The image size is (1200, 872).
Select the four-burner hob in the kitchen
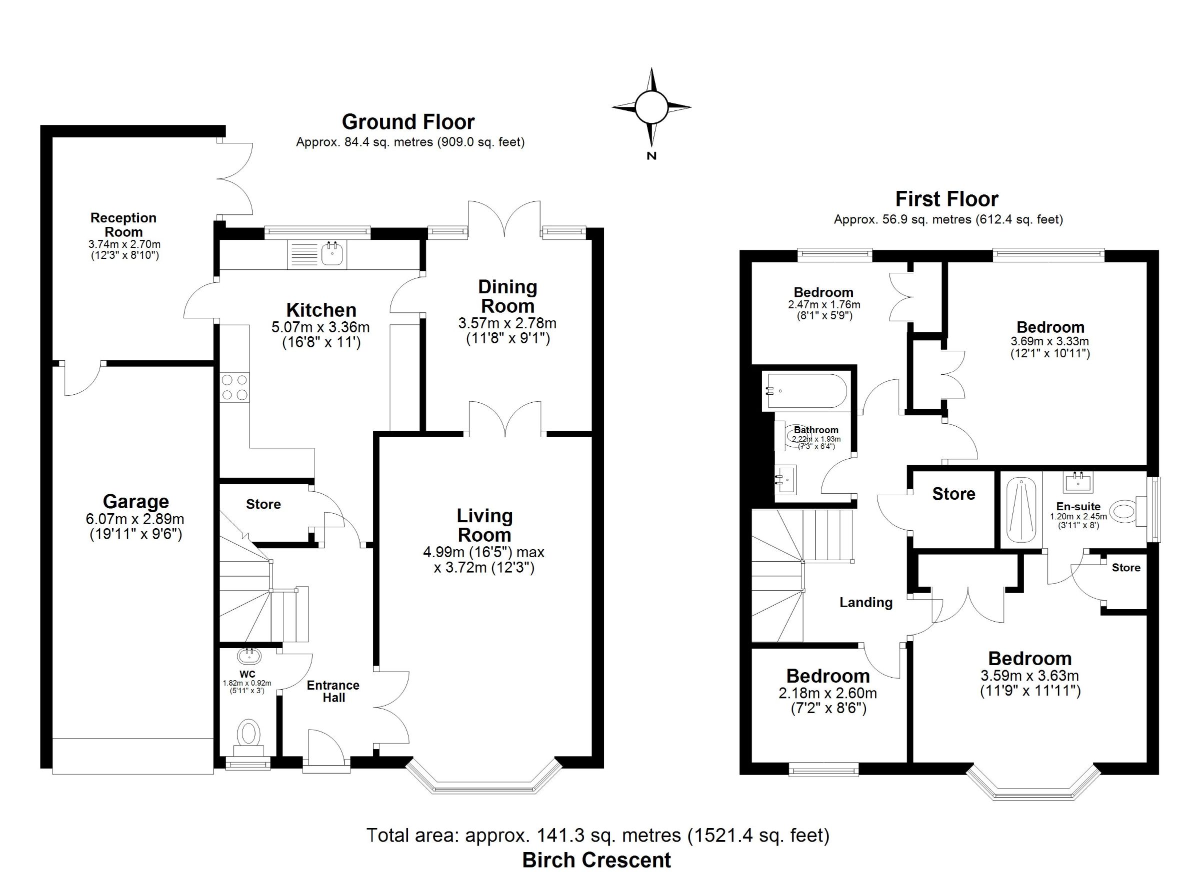(x=234, y=388)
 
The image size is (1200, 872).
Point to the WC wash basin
(x=249, y=656)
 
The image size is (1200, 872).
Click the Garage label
(x=136, y=501)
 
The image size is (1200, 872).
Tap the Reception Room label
(x=123, y=225)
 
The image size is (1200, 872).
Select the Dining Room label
(x=507, y=297)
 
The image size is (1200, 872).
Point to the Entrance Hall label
(x=333, y=692)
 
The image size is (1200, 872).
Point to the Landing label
(x=866, y=602)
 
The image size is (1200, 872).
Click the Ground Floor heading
(x=408, y=122)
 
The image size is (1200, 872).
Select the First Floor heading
(x=947, y=199)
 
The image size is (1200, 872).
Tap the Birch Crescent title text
(x=597, y=861)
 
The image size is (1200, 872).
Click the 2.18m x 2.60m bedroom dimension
(x=828, y=693)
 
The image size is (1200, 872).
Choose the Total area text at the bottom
(x=598, y=836)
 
